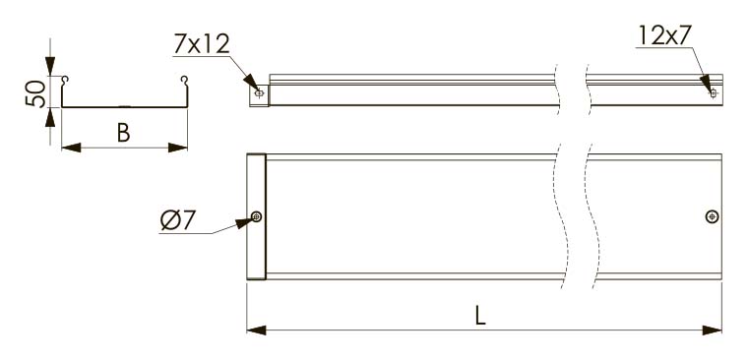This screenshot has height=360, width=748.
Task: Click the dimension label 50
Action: point(35,93)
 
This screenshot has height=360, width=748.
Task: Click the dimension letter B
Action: point(124,134)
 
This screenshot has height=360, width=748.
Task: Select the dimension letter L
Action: point(480,316)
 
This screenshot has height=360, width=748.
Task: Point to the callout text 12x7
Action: point(664,35)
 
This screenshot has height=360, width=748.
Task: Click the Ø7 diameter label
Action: point(177,220)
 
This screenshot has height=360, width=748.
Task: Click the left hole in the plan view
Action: point(257,217)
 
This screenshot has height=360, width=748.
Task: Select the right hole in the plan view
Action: point(713,216)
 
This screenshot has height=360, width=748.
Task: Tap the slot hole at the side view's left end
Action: point(259,93)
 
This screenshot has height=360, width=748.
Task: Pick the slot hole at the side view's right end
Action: point(714,93)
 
